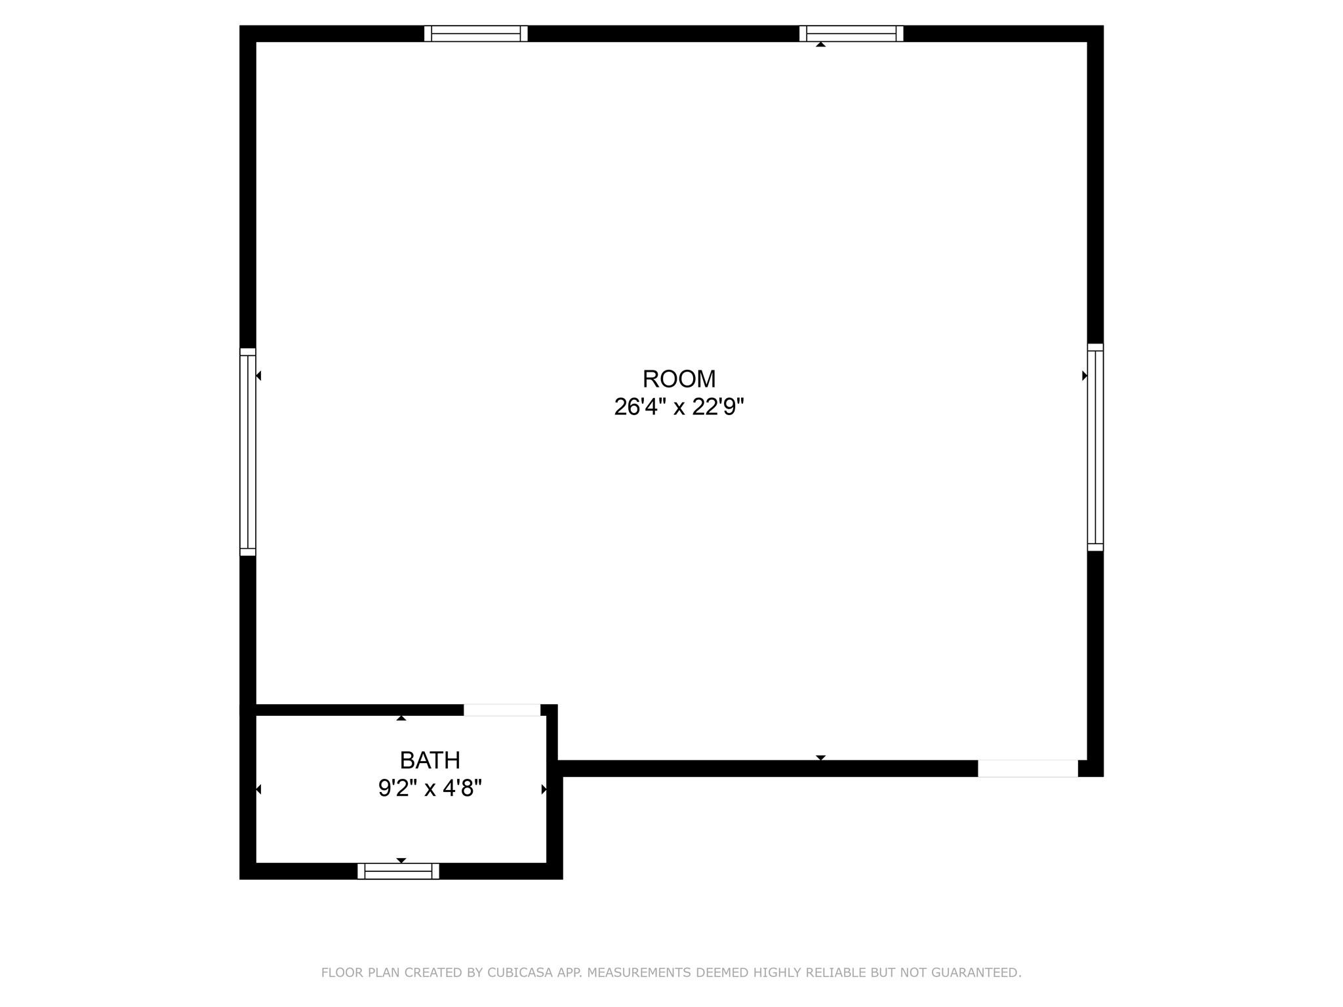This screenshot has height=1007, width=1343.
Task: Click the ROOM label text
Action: click(x=679, y=379)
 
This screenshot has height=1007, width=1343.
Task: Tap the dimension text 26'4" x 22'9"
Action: click(x=679, y=407)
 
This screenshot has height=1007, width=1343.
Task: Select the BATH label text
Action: click(x=430, y=760)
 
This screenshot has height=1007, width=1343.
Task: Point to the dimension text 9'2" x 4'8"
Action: click(x=430, y=788)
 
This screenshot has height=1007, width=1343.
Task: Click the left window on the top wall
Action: click(x=475, y=33)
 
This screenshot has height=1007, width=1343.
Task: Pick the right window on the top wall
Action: click(x=851, y=33)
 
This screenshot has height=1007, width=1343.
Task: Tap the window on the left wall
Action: click(x=248, y=452)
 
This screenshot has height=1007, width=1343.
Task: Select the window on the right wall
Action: click(x=1095, y=447)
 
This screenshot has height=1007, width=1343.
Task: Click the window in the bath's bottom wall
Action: click(x=398, y=871)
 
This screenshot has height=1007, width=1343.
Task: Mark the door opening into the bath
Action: click(x=502, y=710)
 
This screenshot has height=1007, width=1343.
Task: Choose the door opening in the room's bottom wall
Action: click(x=1028, y=768)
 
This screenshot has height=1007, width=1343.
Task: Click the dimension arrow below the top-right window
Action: click(x=820, y=45)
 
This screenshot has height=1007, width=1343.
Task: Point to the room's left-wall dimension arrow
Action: click(x=259, y=376)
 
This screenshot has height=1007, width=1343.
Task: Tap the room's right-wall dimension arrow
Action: click(x=1084, y=376)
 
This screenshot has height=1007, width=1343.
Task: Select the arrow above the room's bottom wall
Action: click(x=820, y=757)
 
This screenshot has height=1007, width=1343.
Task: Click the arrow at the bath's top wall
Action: click(x=401, y=719)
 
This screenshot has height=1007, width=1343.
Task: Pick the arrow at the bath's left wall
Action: click(x=259, y=789)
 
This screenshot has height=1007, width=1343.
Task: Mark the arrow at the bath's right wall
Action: click(x=543, y=789)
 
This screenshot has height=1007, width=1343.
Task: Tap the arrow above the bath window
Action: click(x=401, y=860)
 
